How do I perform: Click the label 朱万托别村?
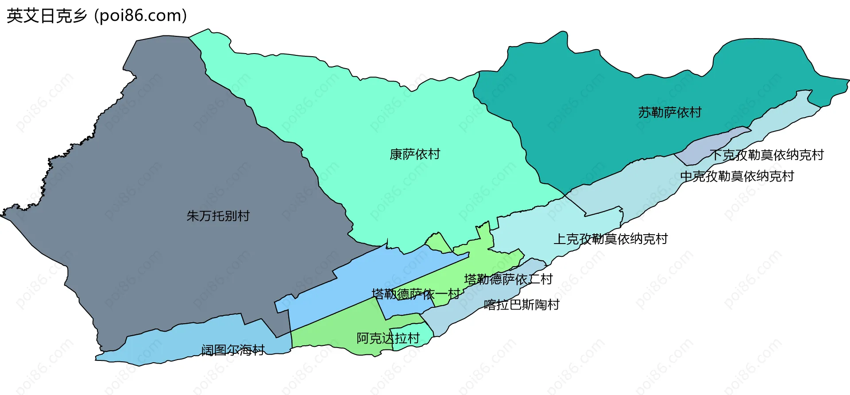pos(218,216)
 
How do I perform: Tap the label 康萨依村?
pos(415,155)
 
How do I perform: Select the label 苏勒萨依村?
pos(670,112)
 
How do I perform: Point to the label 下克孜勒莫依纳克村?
pos(766,155)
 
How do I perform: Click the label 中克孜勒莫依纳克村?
pos(737,176)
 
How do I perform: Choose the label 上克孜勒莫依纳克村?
pos(610,239)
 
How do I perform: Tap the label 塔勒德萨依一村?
pos(415,294)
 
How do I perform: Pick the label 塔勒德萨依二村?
pos(508,279)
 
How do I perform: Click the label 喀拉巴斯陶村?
pos(522,305)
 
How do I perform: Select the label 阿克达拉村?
pos(388,338)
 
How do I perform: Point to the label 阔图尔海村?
pos(233,350)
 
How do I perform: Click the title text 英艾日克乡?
pos(46,16)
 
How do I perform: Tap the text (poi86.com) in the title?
pos(141,16)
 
